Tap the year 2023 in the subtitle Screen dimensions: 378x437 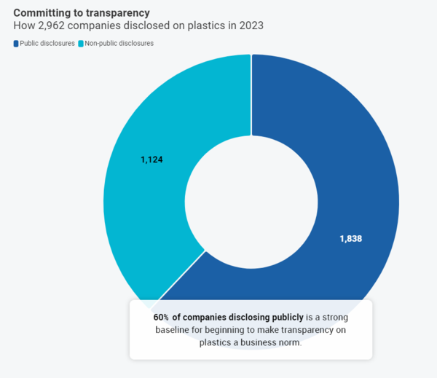[x=248, y=26]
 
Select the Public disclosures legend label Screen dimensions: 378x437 [x=47, y=44]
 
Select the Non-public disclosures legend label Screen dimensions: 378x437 [x=119, y=44]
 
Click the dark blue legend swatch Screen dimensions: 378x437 [x=16, y=44]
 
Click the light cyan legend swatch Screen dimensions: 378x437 [x=80, y=44]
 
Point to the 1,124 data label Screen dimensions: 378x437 [x=153, y=159]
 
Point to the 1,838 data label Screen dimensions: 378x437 [x=350, y=238]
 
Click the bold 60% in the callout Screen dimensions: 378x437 [x=161, y=318]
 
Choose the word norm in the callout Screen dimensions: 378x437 [x=289, y=342]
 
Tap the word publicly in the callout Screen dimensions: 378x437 [x=283, y=318]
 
